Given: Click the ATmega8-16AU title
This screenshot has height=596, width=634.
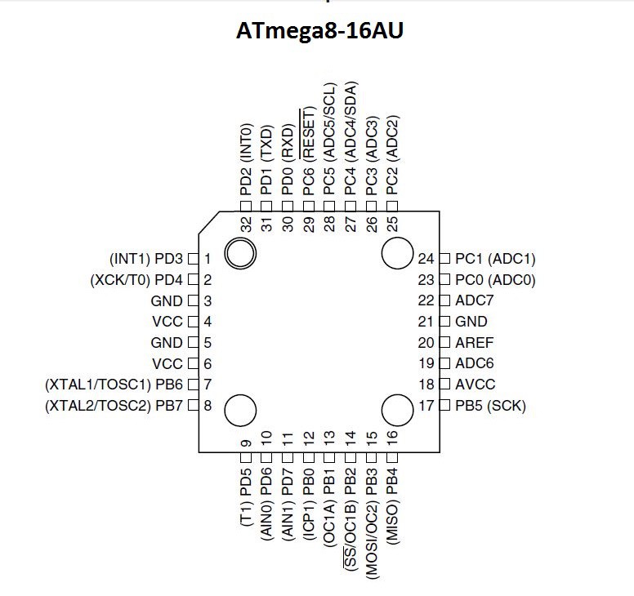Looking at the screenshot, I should (320, 31).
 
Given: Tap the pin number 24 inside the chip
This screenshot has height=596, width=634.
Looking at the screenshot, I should (425, 259).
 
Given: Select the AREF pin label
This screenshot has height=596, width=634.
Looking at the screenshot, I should (474, 343).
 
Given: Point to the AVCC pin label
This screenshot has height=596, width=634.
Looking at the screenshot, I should (475, 385).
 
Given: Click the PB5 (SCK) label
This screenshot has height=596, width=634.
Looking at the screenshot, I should (490, 405).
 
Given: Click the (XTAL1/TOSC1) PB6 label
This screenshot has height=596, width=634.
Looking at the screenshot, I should (115, 385).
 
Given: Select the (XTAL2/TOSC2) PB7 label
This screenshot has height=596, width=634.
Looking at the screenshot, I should (115, 405).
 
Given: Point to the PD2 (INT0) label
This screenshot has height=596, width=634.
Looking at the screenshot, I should (246, 158).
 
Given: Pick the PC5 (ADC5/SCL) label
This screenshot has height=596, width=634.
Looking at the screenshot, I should (330, 139).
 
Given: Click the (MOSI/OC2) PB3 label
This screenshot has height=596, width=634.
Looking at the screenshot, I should (372, 518).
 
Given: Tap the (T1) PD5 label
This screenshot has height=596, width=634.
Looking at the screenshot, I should (246, 498).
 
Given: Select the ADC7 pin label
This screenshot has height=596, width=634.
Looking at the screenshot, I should (474, 300).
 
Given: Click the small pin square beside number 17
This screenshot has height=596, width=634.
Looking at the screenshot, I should (444, 405).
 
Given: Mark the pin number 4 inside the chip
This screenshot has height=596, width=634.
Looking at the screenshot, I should (208, 322).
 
